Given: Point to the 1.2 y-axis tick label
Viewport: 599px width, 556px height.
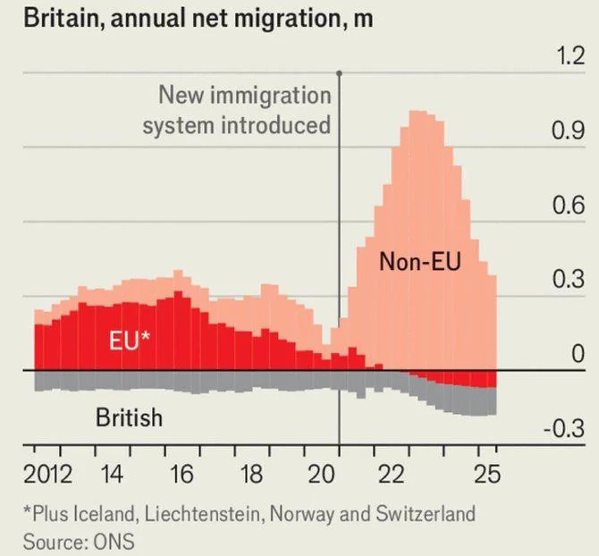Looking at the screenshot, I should (x=569, y=58).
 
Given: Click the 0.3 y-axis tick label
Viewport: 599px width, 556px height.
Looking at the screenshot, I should (x=569, y=280).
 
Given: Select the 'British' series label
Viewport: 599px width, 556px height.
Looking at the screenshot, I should (x=129, y=417).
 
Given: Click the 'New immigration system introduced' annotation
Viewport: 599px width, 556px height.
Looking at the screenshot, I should (x=238, y=109).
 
